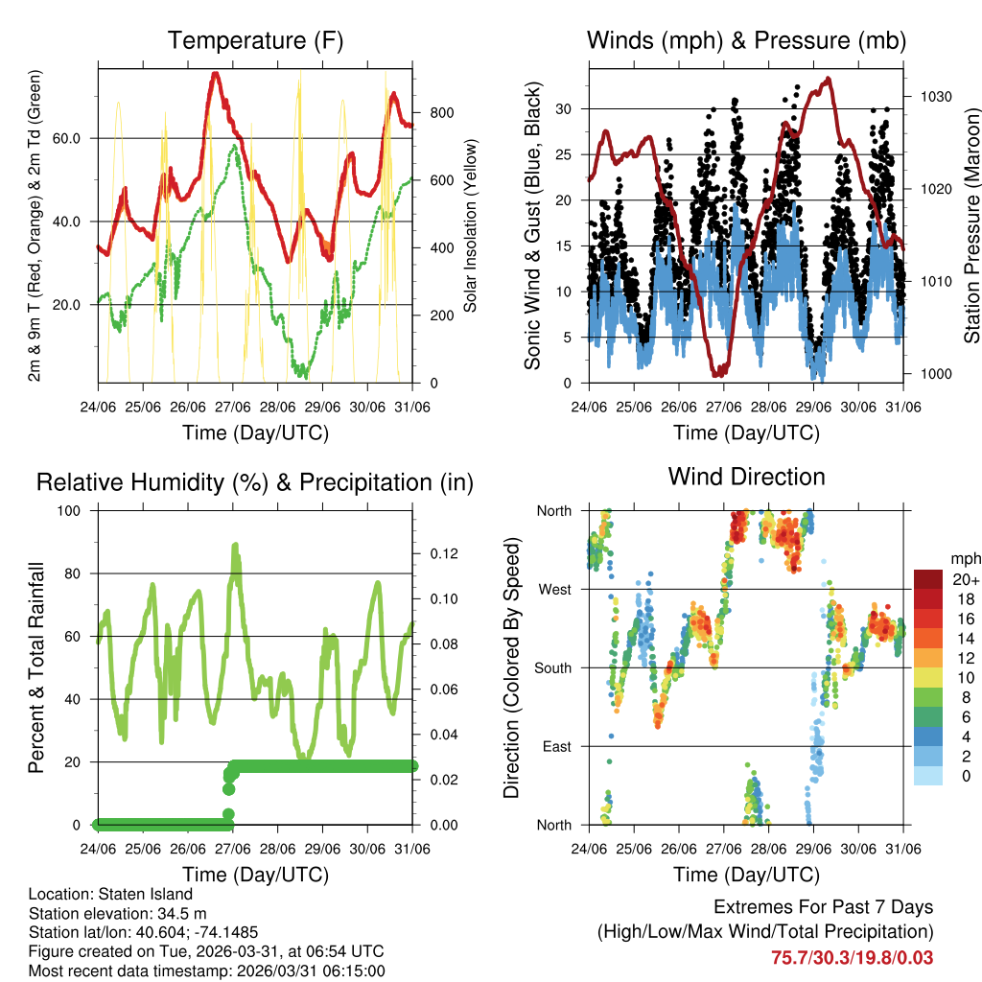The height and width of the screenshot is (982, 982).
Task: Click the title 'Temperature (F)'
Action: pos(255,40)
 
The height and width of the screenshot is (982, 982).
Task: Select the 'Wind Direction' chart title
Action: pos(746,476)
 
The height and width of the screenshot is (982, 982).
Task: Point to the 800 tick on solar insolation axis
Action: pos(441,112)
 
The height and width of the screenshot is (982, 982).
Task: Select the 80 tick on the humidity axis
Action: pos(80,573)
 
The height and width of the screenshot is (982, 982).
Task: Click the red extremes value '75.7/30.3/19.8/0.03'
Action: pos(852,957)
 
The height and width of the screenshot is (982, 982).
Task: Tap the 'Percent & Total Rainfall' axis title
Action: pos(35,667)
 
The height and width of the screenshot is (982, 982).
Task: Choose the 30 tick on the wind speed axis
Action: pos(564,109)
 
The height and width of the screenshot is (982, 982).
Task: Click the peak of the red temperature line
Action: pos(216,73)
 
